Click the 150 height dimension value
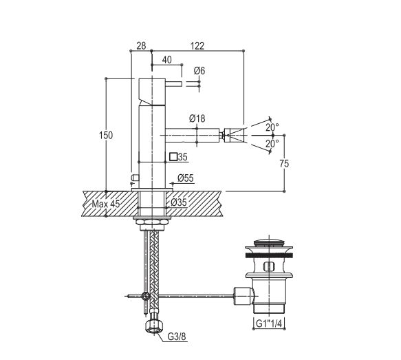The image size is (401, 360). (x=106, y=135)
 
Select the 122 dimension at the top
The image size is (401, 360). (x=197, y=46)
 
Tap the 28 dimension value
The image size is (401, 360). (x=141, y=46)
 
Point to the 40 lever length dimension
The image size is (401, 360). (x=166, y=60)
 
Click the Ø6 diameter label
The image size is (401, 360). (x=199, y=71)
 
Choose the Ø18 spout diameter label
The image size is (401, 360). (x=197, y=118)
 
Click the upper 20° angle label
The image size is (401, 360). (x=272, y=127)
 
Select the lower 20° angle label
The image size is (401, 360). (x=272, y=144)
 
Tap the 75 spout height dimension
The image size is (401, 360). (x=284, y=164)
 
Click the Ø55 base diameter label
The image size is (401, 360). (x=186, y=178)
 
